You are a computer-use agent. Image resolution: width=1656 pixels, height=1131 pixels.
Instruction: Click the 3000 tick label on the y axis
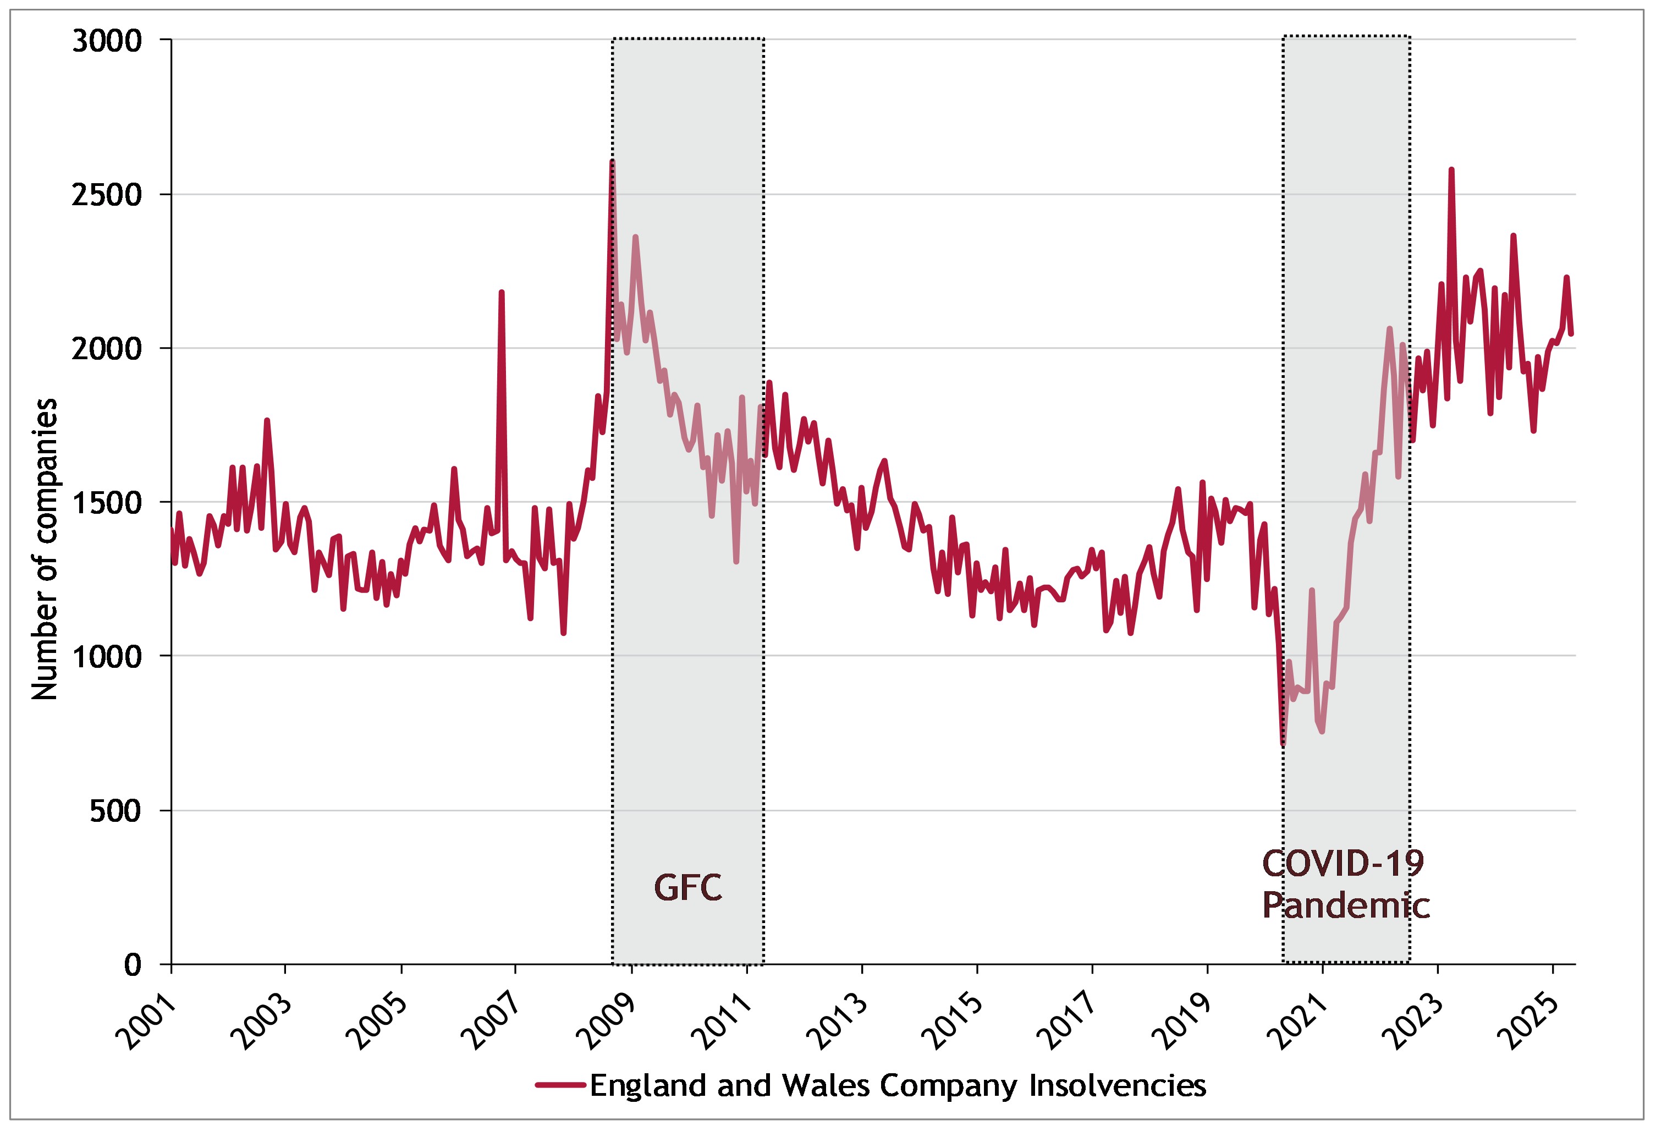point(107,41)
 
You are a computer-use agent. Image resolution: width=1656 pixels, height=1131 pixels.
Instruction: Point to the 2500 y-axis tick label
point(107,195)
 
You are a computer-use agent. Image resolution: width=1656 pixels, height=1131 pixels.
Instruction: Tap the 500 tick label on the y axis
point(115,811)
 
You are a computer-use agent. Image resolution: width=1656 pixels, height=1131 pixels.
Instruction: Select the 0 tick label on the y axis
point(133,965)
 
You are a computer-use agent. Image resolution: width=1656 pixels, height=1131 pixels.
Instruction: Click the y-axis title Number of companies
point(44,549)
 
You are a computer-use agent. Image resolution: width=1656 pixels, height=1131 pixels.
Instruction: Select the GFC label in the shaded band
point(687,888)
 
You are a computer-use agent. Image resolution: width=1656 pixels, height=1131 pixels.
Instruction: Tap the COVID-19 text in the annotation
point(1343,864)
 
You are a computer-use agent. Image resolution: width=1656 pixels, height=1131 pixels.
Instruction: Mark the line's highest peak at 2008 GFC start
point(612,162)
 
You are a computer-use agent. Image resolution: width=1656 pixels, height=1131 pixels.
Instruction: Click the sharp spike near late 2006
point(502,292)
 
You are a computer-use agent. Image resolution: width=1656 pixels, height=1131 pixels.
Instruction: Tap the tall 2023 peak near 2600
point(1451,169)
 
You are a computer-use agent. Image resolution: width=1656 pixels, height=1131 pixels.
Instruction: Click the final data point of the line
point(1571,333)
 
